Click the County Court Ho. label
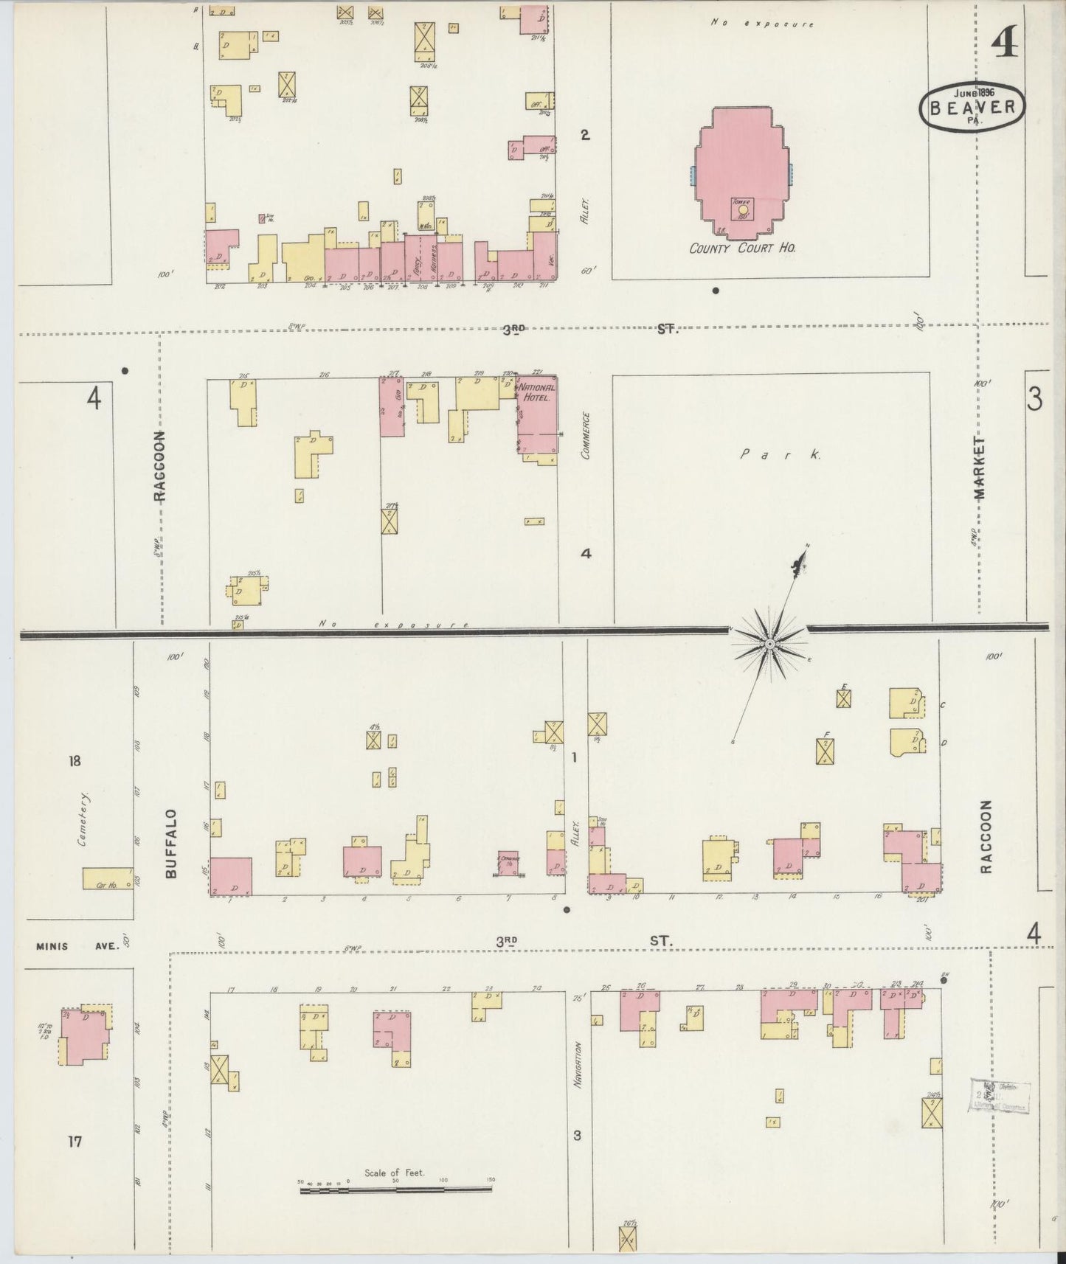coord(741,249)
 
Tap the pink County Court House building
coord(741,170)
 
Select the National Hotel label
coord(537,392)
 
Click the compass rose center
coord(769,644)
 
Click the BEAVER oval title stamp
coord(972,108)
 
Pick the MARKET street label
coord(980,468)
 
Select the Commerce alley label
coord(586,435)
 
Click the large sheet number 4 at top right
coord(1005,44)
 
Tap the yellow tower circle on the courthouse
coord(743,209)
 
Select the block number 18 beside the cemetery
coord(75,761)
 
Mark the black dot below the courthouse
coord(715,291)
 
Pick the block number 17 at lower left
coord(75,1142)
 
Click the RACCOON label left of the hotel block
coord(160,466)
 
